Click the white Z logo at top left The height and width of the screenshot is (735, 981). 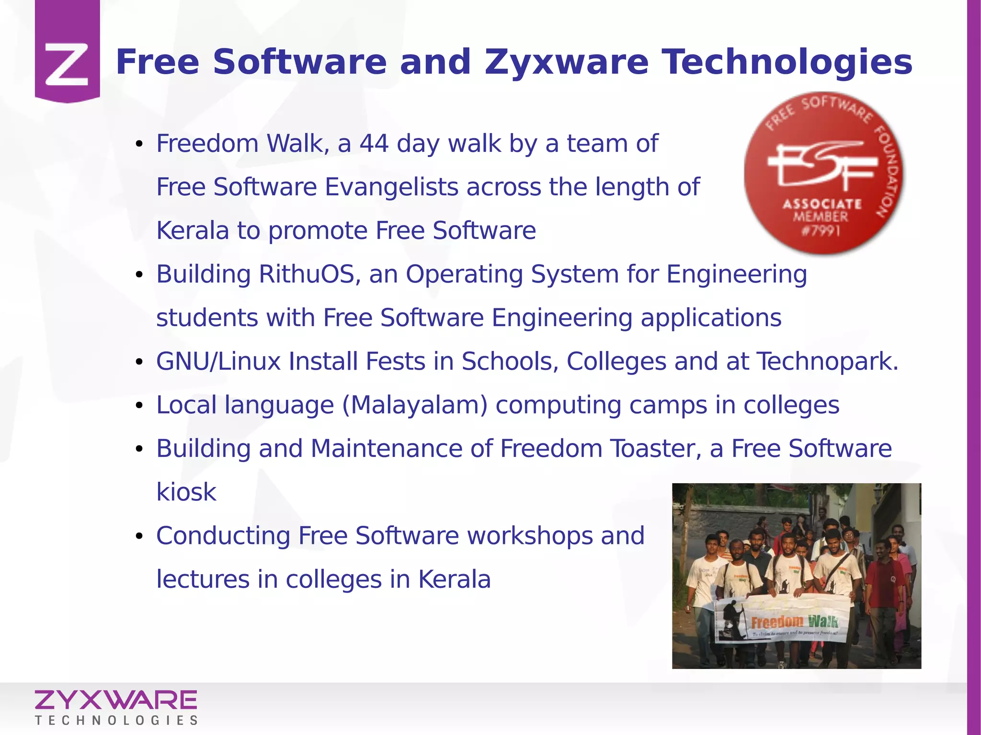pos(67,65)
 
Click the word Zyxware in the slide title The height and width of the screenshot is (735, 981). pos(567,63)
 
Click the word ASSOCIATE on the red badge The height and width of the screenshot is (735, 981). pos(822,204)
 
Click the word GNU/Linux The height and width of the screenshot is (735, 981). pos(218,361)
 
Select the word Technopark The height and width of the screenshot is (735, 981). pos(827,361)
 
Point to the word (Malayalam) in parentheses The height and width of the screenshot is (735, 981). pos(415,405)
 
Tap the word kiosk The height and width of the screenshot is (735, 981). pos(186,492)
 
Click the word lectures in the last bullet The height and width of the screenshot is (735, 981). pos(203,579)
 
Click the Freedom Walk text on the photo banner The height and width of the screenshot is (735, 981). pos(794,622)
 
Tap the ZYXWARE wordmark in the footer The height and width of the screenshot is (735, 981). pos(115,700)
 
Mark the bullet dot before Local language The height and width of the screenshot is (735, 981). pos(139,406)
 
